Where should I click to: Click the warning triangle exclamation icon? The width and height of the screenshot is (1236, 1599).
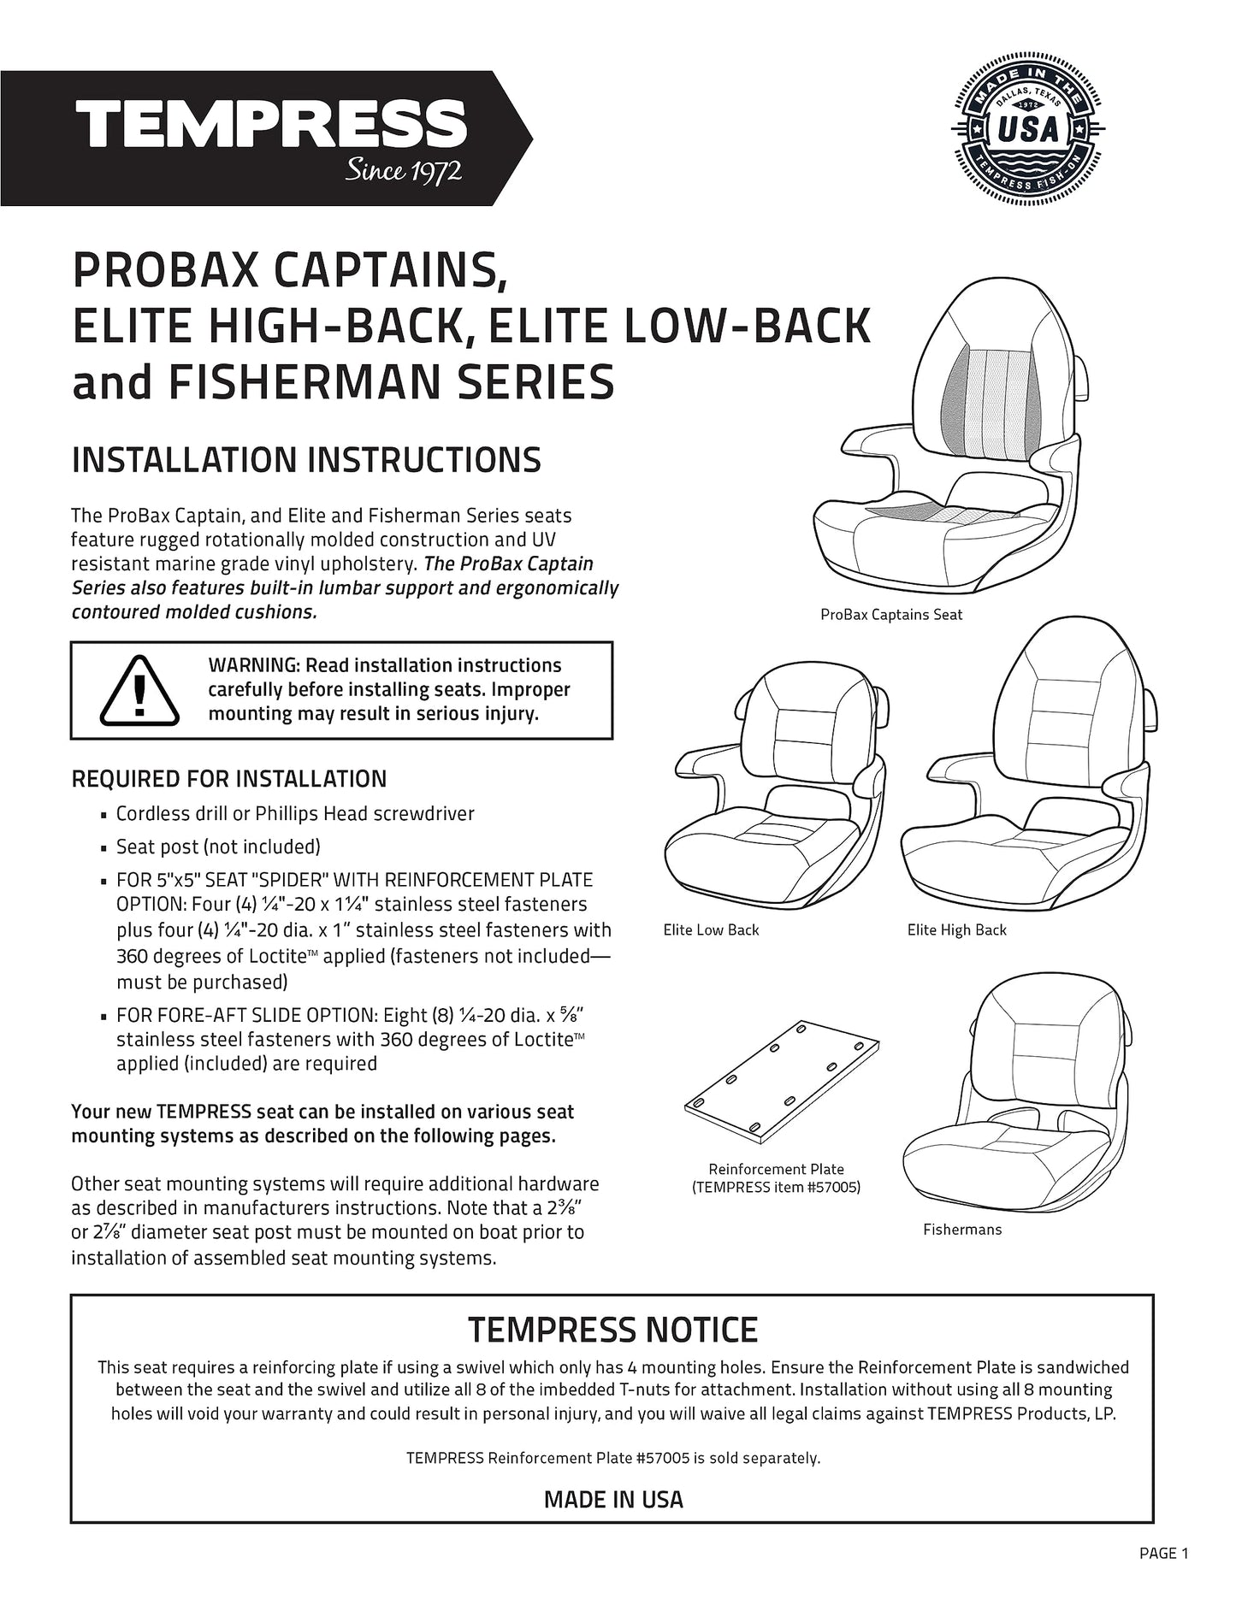coord(140,687)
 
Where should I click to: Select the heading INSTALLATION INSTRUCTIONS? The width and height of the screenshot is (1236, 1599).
coord(306,460)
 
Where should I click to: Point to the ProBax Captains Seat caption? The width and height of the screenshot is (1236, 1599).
coord(890,615)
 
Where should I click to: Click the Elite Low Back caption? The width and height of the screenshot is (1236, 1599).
coord(711,929)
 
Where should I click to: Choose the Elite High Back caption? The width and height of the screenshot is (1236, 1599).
coord(956,929)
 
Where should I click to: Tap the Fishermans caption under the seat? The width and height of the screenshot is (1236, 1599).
coord(961,1230)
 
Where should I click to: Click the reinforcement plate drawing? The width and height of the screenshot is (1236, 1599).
coord(782,1080)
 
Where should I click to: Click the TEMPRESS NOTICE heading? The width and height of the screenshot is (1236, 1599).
coord(612,1330)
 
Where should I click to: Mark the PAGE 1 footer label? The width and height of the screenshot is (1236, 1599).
coord(1163,1553)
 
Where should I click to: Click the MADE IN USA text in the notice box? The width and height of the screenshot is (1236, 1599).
coord(613,1499)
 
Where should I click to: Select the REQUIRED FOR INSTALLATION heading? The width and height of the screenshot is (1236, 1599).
coord(229,779)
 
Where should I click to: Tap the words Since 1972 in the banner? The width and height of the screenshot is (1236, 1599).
coord(403,171)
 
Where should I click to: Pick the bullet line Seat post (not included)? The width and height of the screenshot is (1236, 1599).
coord(218,847)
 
